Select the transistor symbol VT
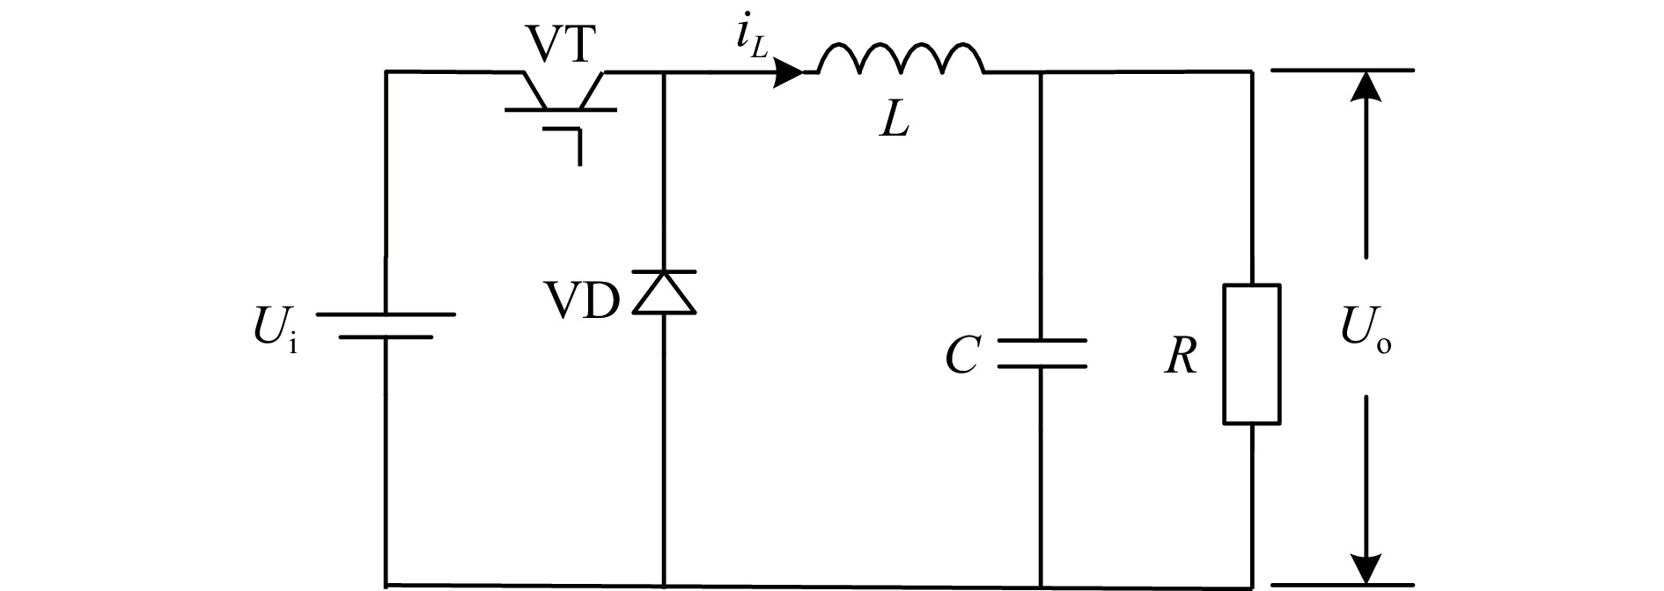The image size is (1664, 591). tap(561, 100)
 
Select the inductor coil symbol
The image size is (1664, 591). tap(900, 60)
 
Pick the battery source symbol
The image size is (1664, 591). tap(386, 325)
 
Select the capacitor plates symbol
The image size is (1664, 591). tap(1042, 353)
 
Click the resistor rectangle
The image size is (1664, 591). tap(1251, 354)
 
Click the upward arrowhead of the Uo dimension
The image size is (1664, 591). tap(1366, 88)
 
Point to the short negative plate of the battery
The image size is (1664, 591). tap(386, 336)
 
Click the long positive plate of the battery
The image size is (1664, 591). tap(386, 314)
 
